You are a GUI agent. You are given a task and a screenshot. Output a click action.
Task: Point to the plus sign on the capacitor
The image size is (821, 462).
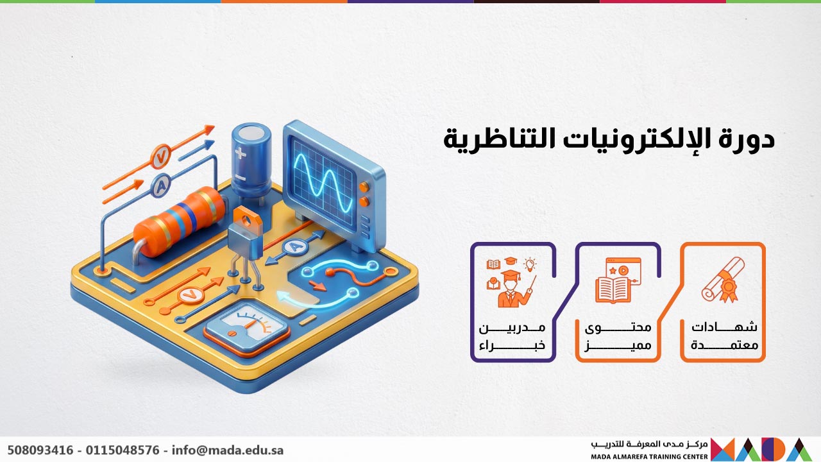241,153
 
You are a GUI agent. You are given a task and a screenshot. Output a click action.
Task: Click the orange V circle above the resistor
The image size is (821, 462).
160,156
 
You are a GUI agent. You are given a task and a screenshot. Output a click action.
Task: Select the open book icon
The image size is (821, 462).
614,287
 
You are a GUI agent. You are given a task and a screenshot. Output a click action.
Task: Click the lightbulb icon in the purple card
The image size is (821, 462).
530,264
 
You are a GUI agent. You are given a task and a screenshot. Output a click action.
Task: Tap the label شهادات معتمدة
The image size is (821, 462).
724,336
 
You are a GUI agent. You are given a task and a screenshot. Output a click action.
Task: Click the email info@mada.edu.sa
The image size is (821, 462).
227,450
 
